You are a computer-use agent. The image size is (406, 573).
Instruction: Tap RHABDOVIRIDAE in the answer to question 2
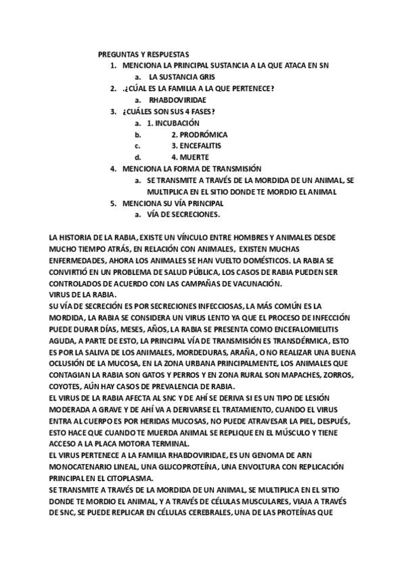[177, 100]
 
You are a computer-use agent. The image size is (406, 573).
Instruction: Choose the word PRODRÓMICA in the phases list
[204, 134]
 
